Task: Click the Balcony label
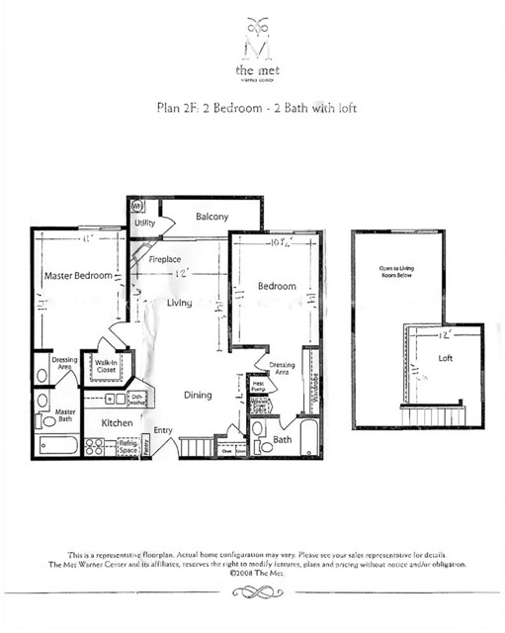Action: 211,216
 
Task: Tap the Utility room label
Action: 144,224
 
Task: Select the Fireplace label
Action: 164,259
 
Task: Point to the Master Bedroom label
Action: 77,275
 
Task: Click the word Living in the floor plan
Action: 178,303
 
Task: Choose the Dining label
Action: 198,396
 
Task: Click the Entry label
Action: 163,430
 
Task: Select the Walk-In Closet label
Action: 106,368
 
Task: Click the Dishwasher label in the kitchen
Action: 137,399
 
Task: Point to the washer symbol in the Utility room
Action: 137,208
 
